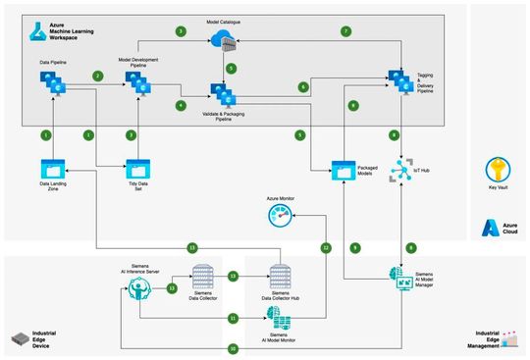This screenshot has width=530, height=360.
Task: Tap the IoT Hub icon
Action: pyautogui.click(x=399, y=169)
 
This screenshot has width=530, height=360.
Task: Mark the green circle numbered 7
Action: pyautogui.click(x=345, y=31)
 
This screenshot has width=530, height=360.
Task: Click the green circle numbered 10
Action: pyautogui.click(x=233, y=348)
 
